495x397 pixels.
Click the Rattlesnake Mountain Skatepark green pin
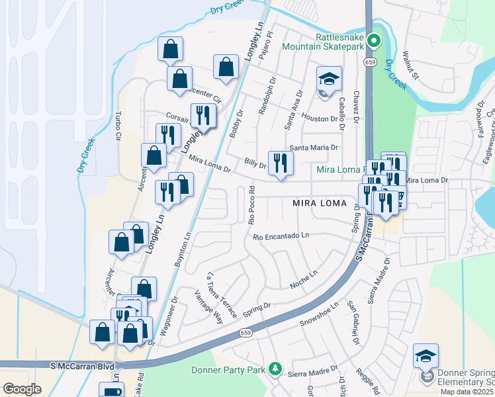[373, 42]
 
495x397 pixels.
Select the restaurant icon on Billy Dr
[281, 163]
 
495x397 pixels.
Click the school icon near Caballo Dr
[329, 80]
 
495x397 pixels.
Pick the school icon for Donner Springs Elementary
[426, 356]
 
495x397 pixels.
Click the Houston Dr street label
[320, 118]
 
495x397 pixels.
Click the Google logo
[22, 388]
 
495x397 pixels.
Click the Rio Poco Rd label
[252, 206]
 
